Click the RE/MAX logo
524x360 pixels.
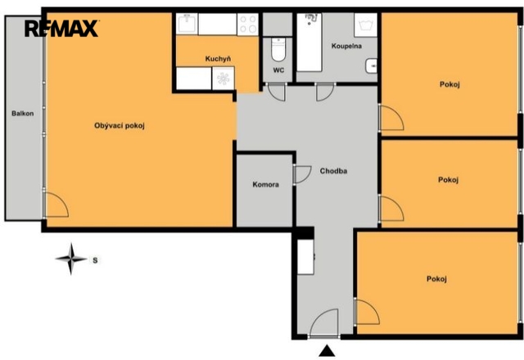[x=61, y=29]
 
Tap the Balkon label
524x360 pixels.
[x=23, y=114]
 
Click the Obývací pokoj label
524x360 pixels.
[x=120, y=126]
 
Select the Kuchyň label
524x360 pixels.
[x=218, y=59]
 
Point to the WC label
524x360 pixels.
[x=278, y=70]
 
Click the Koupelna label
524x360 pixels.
[x=346, y=46]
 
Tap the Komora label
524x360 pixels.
[x=265, y=184]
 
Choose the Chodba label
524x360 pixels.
[x=333, y=171]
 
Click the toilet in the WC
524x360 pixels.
[x=278, y=49]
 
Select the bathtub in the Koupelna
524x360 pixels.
[x=309, y=42]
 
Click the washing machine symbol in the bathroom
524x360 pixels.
[x=366, y=25]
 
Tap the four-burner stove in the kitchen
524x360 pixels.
[x=247, y=25]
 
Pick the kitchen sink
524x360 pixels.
[x=187, y=24]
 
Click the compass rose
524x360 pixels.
[x=71, y=259]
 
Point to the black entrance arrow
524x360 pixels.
[x=327, y=351]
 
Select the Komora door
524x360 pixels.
[x=302, y=174]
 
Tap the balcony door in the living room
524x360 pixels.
[x=56, y=205]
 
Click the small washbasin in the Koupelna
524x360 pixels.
[x=371, y=65]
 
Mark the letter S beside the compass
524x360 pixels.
[x=95, y=260]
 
